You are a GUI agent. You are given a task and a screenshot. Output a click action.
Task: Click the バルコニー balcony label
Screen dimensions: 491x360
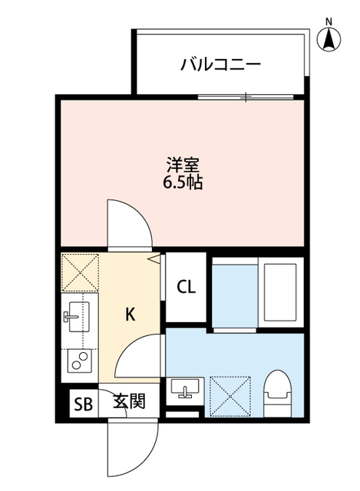click(220, 64)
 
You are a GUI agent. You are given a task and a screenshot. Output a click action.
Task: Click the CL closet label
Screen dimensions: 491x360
click(187, 288)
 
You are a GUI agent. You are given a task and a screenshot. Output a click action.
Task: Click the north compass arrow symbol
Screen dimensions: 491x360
click(329, 39)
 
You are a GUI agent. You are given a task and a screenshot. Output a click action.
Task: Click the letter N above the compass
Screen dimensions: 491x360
click(329, 21)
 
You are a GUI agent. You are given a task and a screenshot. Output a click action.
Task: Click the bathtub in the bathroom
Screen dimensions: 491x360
click(279, 293)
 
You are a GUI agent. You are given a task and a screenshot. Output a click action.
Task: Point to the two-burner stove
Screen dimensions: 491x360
click(78, 360)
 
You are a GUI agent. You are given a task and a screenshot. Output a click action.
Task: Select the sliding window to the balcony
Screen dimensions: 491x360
click(246, 97)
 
